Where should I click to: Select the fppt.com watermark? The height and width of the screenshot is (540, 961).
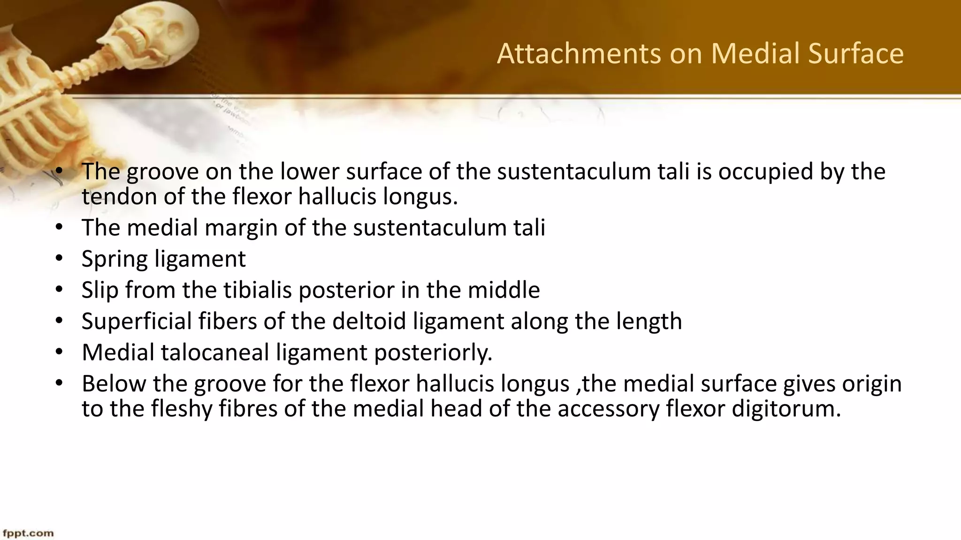[28, 533]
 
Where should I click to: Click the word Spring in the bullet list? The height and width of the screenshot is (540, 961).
[114, 259]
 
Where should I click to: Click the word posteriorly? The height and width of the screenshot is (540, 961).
[433, 352]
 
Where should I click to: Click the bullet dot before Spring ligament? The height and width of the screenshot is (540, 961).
[59, 258]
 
